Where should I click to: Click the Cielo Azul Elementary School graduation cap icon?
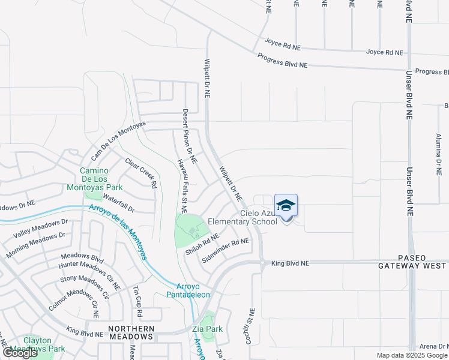(x=286, y=205)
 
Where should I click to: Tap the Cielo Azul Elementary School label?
(x=243, y=217)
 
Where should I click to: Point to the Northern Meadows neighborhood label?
(x=131, y=332)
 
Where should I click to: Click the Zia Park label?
(x=208, y=329)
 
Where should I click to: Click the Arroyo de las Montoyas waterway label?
(x=118, y=232)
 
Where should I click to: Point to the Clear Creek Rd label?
(x=141, y=173)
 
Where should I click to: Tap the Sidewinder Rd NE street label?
(x=225, y=250)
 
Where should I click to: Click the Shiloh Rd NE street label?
(x=202, y=244)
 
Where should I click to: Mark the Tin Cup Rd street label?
(x=137, y=302)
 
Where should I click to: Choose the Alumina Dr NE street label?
(x=439, y=154)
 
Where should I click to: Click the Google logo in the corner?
(x=20, y=353)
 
